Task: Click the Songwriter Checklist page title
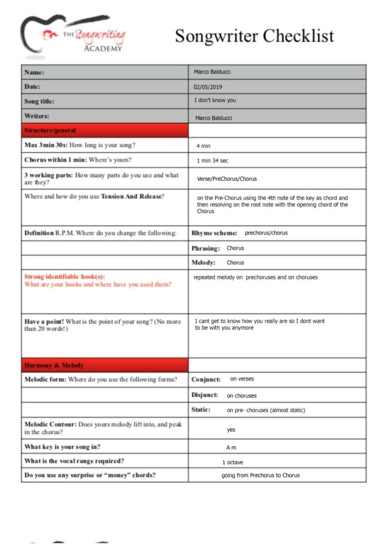[254, 36]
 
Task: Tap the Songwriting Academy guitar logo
[73, 36]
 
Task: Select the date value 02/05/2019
[208, 87]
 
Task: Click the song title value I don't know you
[215, 100]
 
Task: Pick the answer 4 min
[204, 146]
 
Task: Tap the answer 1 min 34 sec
[213, 161]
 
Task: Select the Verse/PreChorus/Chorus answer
[227, 179]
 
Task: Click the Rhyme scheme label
[214, 233]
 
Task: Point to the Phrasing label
[206, 249]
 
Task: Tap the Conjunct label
[206, 380]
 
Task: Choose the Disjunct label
[205, 395]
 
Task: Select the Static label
[201, 410]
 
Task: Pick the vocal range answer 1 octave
[233, 462]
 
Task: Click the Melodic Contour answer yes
[231, 429]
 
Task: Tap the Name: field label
[34, 72]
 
